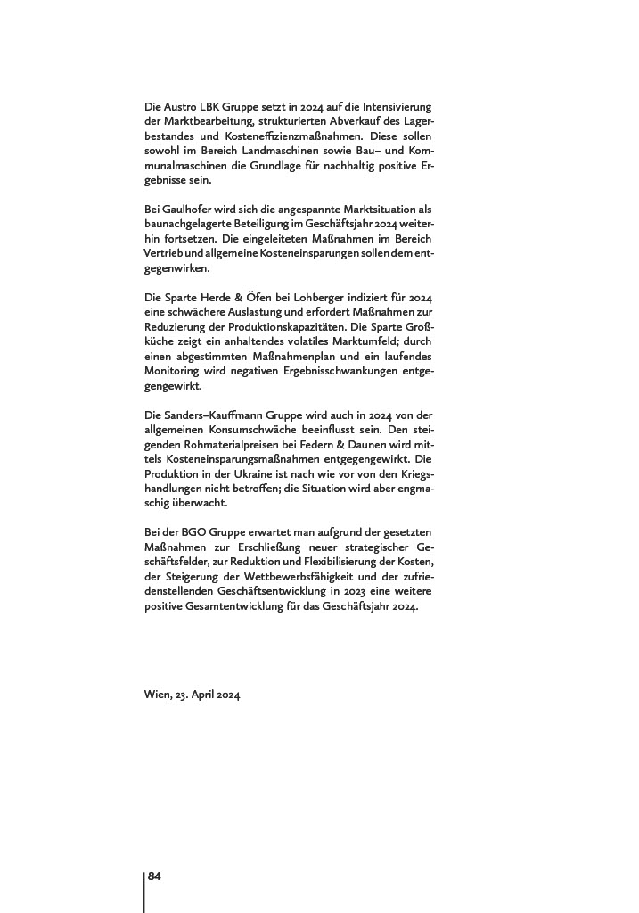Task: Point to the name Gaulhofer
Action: [182, 208]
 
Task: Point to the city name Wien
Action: [157, 695]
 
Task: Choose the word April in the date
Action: [207, 695]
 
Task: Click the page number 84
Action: [154, 877]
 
